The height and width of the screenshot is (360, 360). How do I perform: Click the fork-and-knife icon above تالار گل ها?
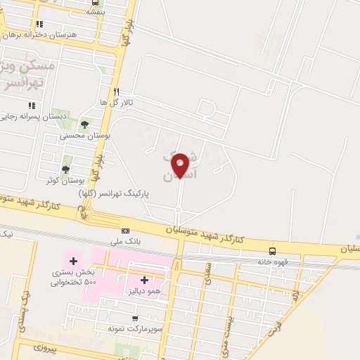pos(117,91)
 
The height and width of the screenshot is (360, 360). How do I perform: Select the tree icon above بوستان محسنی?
pos(84,124)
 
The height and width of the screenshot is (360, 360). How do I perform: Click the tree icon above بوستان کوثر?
pos(65,169)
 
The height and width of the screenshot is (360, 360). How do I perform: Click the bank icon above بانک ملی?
pos(125,231)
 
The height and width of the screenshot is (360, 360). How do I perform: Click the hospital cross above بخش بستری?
pos(72,262)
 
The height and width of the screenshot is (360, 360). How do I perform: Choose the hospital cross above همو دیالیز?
pos(145,280)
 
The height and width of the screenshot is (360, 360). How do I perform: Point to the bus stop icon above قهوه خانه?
pos(272,251)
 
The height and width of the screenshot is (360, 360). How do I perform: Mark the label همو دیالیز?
pos(145,290)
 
